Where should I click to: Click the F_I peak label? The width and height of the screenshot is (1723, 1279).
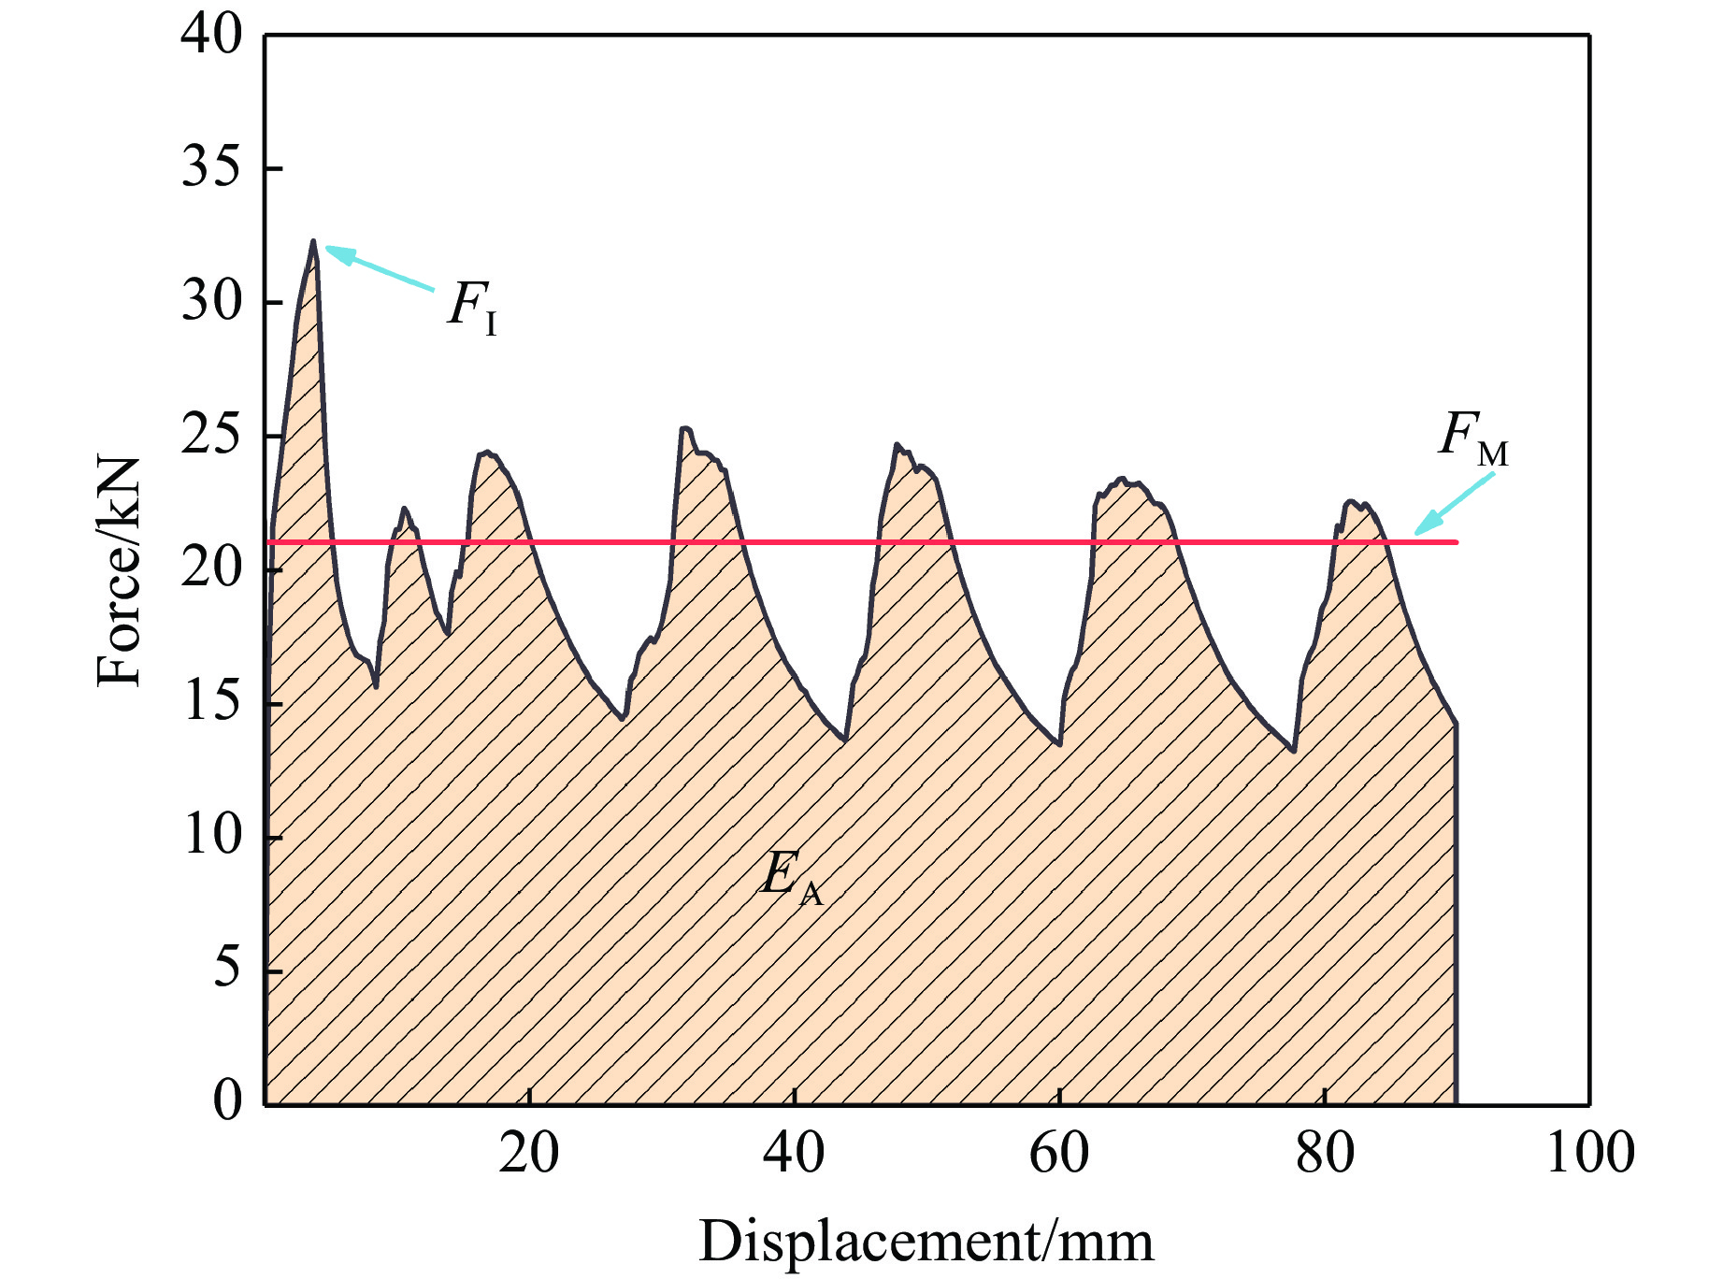pos(472,307)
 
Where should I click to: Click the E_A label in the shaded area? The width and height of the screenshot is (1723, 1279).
pos(791,877)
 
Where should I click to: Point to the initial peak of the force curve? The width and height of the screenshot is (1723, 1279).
pos(313,241)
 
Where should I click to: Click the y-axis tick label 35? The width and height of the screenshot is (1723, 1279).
pos(211,168)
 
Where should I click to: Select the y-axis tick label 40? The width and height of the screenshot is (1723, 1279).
pos(211,35)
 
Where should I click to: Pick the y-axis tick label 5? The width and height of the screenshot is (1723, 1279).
pos(227,969)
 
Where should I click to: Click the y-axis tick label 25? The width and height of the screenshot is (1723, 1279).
pos(211,436)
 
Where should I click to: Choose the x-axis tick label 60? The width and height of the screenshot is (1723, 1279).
pos(1058,1153)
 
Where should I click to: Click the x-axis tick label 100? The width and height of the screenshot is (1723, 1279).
pos(1589,1153)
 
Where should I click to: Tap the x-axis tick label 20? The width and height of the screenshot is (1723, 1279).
pos(529,1153)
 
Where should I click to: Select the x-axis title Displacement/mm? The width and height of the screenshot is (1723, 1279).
pos(926,1242)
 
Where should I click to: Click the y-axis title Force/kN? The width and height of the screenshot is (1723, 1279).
pos(120,571)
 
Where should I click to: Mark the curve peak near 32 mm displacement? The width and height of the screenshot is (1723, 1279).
pos(685,428)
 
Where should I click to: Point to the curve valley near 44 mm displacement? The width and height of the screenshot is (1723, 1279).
pos(844,740)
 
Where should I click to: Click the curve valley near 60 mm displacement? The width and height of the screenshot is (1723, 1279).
pos(1058,744)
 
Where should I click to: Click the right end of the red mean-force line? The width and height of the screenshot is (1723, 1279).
pos(1456,542)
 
